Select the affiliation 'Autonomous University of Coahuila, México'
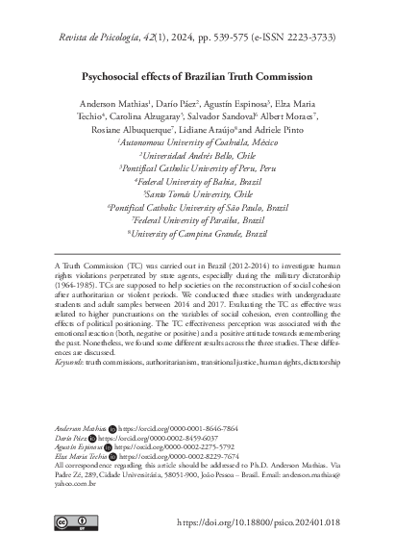[198, 140]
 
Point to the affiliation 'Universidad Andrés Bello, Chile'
[198, 154]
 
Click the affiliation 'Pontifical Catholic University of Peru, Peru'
[198, 167]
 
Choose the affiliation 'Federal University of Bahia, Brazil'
[198, 180]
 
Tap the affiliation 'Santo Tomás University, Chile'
[198, 193]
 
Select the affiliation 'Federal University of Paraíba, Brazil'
[198, 219]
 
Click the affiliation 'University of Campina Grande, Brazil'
[198, 233]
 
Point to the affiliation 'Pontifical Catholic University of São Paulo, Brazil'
[198, 206]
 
